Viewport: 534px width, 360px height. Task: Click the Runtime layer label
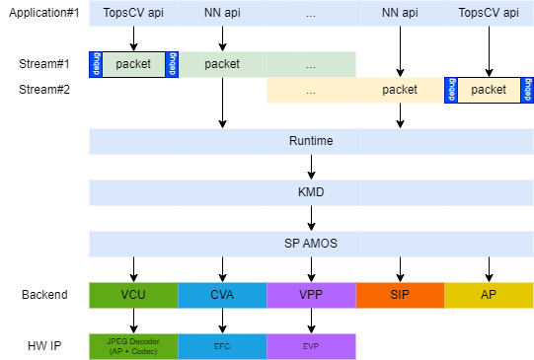point(311,141)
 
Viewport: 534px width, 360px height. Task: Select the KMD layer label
point(311,192)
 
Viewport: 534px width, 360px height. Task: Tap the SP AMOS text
point(311,244)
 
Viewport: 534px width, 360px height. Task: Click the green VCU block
point(133,295)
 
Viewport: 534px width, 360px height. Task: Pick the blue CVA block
point(222,295)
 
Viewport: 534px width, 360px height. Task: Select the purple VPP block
point(311,295)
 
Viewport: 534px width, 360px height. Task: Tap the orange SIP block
point(400,295)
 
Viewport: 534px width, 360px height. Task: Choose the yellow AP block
point(489,295)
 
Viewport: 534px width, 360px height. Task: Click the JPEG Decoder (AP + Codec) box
point(133,346)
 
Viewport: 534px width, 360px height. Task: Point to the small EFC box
point(222,346)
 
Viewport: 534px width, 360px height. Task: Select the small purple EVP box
point(311,346)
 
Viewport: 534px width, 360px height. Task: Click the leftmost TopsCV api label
point(133,13)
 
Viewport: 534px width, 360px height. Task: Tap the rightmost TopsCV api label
point(489,13)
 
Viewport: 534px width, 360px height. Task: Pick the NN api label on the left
point(222,13)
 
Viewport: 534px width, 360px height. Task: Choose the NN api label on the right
point(400,13)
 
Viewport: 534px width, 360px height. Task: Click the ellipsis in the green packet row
point(311,64)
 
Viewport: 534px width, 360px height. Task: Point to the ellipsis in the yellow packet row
point(311,90)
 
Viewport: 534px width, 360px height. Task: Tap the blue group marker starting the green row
point(95,64)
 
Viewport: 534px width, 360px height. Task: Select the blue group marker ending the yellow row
point(527,90)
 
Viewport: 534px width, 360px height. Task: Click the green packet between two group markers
point(133,64)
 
